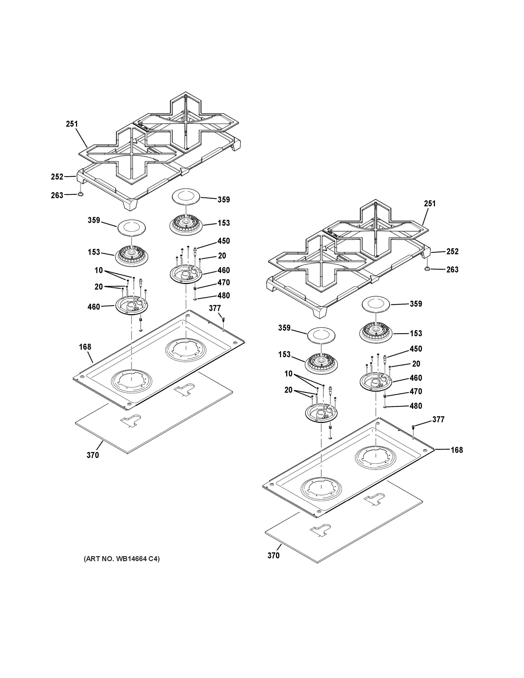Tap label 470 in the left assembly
(223, 282)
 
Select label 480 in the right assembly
(416, 406)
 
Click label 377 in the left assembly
(215, 308)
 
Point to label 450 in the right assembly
(416, 349)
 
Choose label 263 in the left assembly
(57, 195)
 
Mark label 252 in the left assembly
(57, 177)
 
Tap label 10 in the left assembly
(99, 270)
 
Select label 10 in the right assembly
(289, 374)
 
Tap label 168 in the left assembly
(85, 347)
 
